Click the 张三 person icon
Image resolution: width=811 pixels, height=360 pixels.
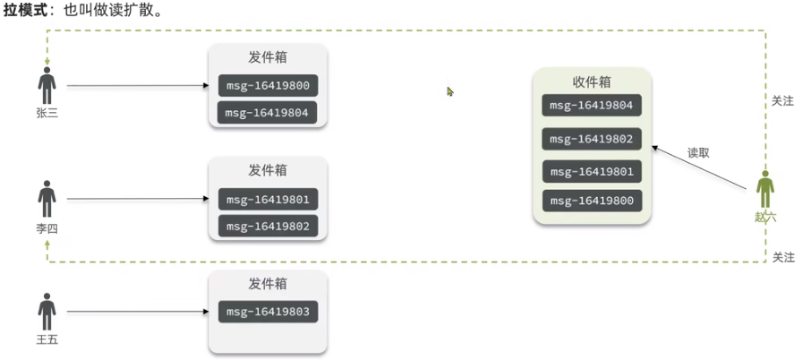[47, 87]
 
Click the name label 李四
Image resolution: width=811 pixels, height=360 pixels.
[47, 228]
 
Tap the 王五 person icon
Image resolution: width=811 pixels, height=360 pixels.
[47, 312]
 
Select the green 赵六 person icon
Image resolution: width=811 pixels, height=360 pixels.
[765, 191]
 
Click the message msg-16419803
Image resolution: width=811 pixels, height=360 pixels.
[268, 313]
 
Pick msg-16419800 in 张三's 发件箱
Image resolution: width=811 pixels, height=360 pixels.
[268, 87]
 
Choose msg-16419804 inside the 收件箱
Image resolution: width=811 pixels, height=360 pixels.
[592, 106]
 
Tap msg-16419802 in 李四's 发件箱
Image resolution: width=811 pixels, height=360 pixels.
[268, 227]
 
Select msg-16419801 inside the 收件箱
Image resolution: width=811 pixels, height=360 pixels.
[592, 171]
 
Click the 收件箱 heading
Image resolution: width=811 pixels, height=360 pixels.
[592, 81]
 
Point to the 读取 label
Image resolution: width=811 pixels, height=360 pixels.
[698, 153]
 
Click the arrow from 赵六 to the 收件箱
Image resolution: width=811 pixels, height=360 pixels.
[698, 167]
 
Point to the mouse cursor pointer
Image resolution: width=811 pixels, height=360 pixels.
[450, 91]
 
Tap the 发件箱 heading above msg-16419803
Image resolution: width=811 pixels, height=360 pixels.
[268, 284]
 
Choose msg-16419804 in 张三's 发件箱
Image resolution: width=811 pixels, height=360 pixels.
[268, 113]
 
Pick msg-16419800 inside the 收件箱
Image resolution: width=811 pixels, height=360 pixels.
[592, 201]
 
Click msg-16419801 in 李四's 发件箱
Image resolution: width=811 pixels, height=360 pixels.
[268, 199]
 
